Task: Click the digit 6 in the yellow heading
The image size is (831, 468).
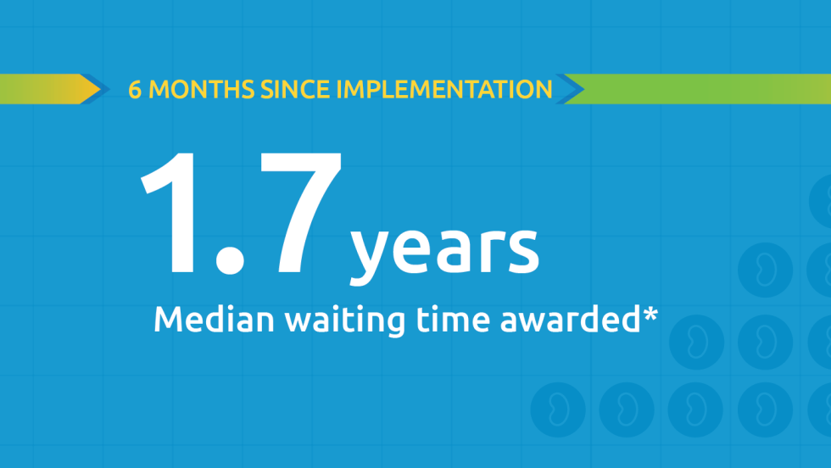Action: click(135, 90)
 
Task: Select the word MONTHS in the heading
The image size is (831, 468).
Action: click(202, 90)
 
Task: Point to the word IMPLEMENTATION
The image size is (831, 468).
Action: click(444, 90)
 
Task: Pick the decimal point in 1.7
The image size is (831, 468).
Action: click(230, 259)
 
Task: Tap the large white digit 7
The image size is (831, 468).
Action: click(299, 213)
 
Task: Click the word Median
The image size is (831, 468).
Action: click(214, 319)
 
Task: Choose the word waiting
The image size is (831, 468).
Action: click(345, 320)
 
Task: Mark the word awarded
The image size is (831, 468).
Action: click(570, 319)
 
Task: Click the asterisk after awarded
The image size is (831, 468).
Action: click(650, 314)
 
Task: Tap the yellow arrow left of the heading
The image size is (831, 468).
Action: click(50, 89)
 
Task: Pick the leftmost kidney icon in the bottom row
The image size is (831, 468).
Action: click(558, 409)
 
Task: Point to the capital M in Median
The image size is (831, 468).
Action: click(167, 319)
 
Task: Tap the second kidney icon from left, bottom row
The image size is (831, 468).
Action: click(627, 409)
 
